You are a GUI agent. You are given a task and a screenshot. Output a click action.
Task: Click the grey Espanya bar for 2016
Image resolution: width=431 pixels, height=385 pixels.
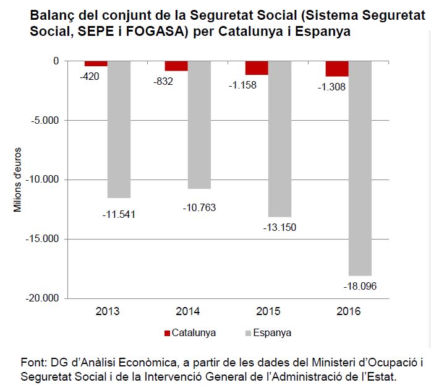tap(360, 168)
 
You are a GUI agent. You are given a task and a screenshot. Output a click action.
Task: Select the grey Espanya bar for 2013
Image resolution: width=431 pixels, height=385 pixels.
tap(119, 129)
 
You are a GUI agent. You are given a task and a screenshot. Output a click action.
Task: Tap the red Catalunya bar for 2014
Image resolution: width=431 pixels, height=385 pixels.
tap(176, 66)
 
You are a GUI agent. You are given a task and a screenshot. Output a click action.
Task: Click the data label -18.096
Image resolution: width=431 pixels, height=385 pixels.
tap(360, 286)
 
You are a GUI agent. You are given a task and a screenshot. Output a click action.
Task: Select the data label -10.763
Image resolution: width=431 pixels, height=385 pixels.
tap(199, 207)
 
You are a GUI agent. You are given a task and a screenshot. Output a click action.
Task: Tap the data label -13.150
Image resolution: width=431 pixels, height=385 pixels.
tap(280, 227)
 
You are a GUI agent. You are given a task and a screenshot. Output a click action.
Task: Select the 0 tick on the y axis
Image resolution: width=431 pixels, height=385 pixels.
tap(55, 61)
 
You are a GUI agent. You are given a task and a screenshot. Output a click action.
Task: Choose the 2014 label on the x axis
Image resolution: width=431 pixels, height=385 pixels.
tap(188, 311)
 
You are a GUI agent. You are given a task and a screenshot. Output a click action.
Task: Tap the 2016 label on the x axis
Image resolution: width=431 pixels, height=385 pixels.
tap(348, 311)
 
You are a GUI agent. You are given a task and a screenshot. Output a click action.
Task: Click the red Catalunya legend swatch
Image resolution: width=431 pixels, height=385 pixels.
tap(166, 333)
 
